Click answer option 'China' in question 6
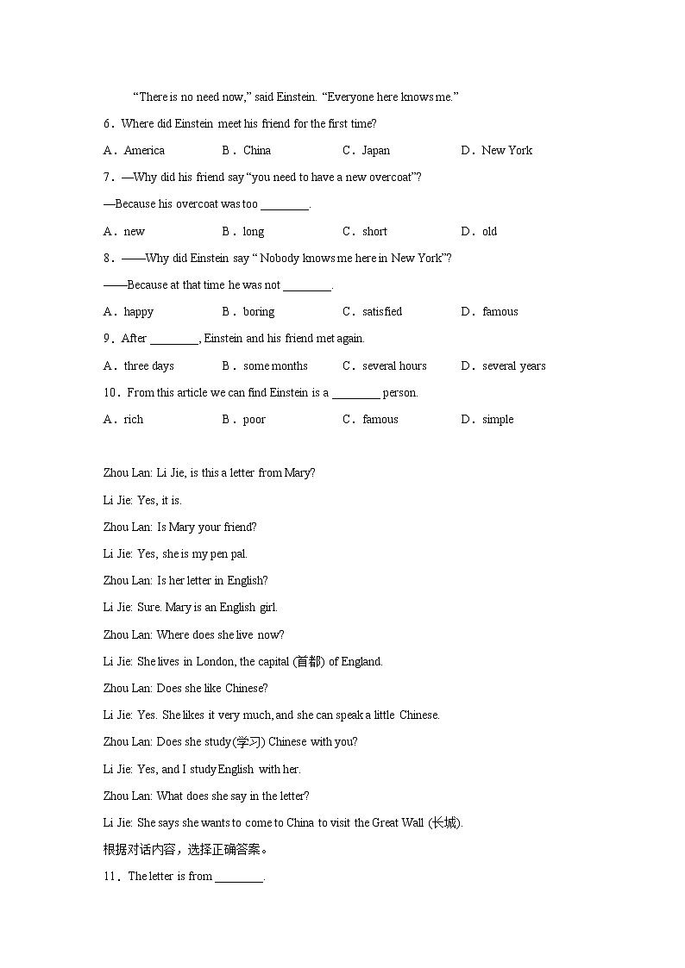[x=257, y=151]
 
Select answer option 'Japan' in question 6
[x=376, y=151]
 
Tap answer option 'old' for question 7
[x=490, y=232]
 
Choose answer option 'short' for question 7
[x=374, y=232]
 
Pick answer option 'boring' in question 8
[x=259, y=312]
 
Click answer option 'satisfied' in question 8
[x=382, y=312]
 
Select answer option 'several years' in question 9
[x=514, y=366]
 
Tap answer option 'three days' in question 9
[x=148, y=366]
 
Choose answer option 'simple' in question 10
[x=498, y=420]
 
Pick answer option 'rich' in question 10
[x=134, y=420]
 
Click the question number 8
[x=109, y=259]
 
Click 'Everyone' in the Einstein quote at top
[x=355, y=97]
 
